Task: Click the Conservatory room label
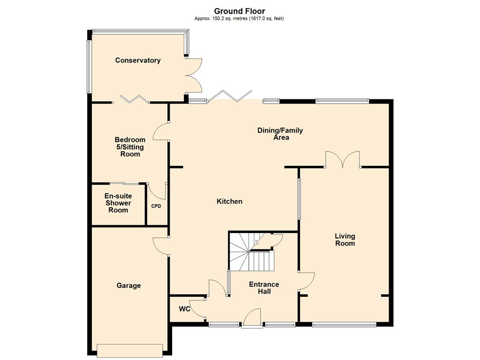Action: coord(138,60)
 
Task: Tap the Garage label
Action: coord(128,285)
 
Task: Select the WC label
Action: coord(185,309)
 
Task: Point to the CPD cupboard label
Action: coord(156,206)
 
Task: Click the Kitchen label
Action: coord(230,202)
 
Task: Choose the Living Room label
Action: coord(345,240)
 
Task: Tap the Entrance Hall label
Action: coord(264,288)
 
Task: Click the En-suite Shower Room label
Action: coord(118,203)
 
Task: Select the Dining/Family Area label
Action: coord(280,134)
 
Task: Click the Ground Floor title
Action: coord(240,11)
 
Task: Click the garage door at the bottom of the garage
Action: coord(130,351)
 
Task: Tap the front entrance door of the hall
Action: coord(252,319)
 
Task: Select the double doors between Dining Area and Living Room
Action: coord(343,159)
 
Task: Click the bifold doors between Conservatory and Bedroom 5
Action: coord(135,99)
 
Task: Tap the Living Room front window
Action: coord(344,325)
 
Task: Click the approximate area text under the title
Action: coord(239,18)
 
